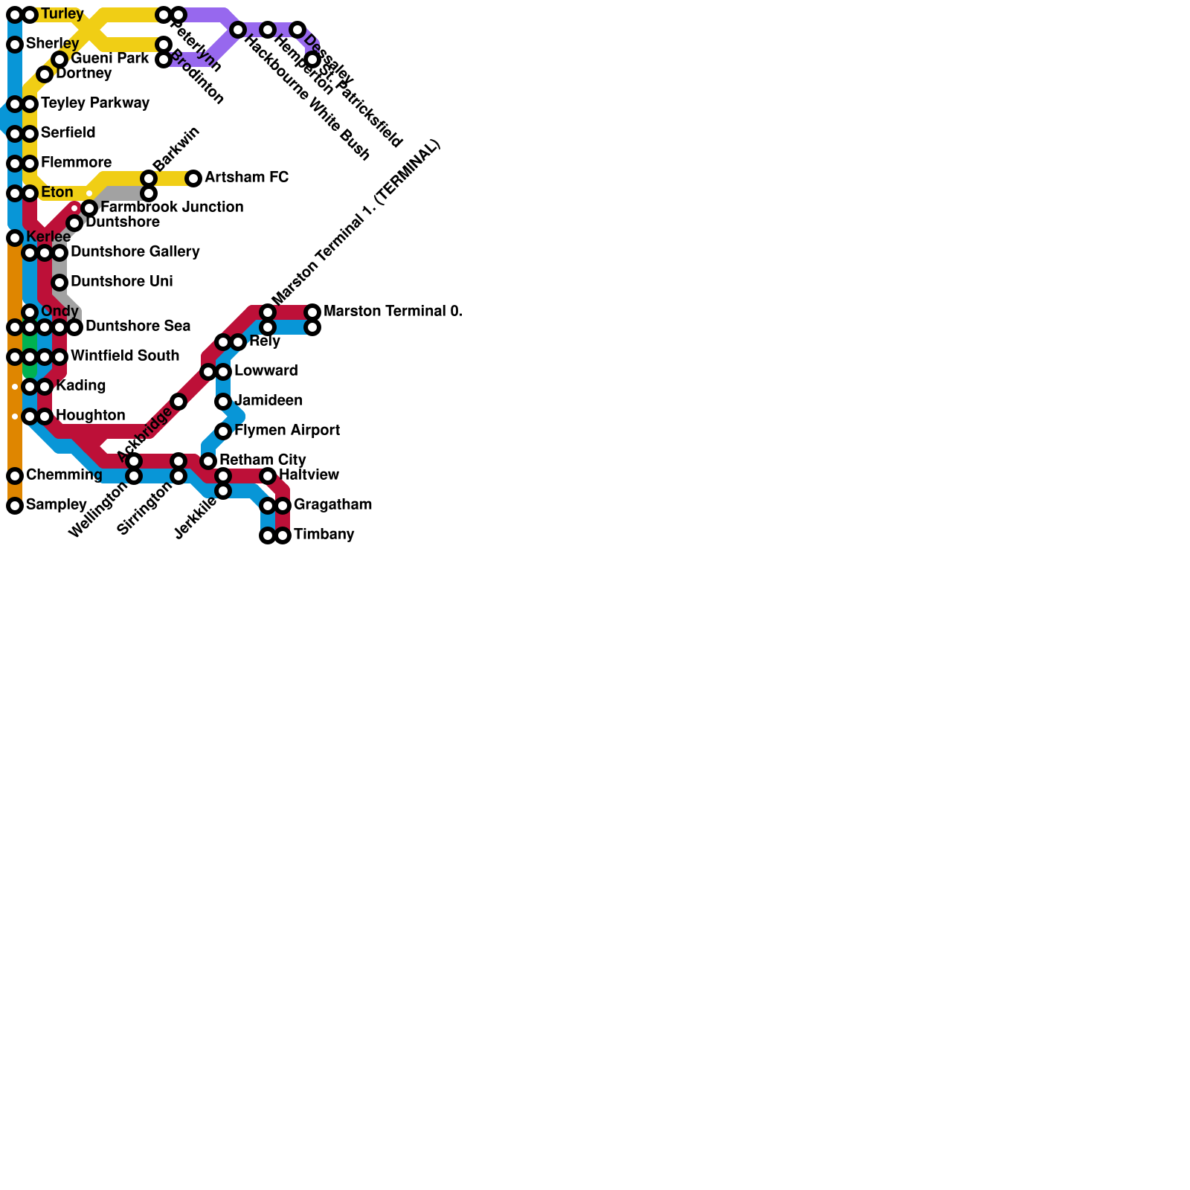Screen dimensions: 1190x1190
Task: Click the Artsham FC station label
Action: tap(246, 178)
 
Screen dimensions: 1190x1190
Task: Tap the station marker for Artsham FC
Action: tap(193, 178)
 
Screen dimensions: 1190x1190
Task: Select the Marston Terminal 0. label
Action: tap(393, 312)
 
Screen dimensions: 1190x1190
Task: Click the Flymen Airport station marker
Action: tap(223, 431)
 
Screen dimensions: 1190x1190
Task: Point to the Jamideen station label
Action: tap(268, 401)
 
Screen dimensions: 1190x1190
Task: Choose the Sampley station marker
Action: tap(15, 506)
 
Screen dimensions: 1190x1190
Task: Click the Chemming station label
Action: tap(64, 475)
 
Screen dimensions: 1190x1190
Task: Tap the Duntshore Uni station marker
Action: tap(59, 283)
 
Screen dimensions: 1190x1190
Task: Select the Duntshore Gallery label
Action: tap(135, 252)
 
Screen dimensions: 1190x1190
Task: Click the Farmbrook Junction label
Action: tap(172, 208)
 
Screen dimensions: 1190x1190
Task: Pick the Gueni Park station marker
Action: tap(59, 59)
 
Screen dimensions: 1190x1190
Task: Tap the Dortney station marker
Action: tap(45, 74)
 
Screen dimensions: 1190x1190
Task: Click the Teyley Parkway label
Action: tap(95, 103)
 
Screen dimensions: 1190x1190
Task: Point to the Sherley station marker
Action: tap(15, 45)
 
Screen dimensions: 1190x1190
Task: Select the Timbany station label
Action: tap(324, 535)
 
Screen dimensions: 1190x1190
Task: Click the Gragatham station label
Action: tap(332, 505)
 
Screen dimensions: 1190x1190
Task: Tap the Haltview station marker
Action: tap(268, 476)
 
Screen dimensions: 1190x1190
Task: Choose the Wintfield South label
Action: tap(125, 356)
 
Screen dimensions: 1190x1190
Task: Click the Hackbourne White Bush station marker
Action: tap(238, 30)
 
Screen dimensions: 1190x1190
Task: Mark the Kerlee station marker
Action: tap(15, 238)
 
